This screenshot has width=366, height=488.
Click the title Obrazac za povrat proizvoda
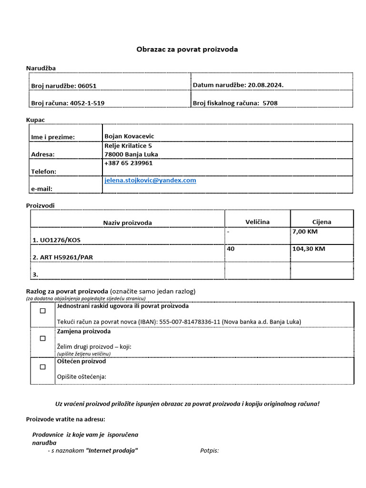click(187, 49)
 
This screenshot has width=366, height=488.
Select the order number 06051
click(87, 86)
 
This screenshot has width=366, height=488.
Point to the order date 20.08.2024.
click(266, 85)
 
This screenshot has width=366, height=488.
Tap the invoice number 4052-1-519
click(87, 103)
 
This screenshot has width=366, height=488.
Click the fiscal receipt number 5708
click(270, 103)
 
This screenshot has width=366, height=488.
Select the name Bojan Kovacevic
click(129, 136)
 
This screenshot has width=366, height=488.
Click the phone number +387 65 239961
click(128, 163)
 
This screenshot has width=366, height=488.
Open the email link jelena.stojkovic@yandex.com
click(150, 181)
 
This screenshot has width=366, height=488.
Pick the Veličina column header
click(257, 222)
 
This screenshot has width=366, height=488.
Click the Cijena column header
click(322, 222)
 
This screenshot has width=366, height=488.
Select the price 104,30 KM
click(309, 249)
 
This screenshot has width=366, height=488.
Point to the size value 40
click(231, 249)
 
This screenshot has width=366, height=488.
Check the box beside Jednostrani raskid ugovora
click(43, 311)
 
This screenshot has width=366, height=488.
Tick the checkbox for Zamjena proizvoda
click(43, 338)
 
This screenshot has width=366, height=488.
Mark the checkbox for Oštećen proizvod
click(43, 367)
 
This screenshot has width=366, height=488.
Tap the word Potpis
click(209, 450)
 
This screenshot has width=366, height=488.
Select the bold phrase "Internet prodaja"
click(112, 450)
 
